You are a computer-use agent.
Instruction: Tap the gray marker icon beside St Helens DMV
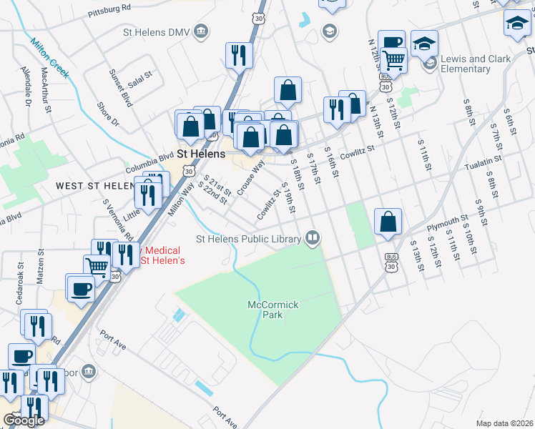pos(202,31)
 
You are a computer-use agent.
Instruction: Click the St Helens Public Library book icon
pos(312,237)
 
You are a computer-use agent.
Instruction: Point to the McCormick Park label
pos(273,310)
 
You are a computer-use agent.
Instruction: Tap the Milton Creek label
pos(48,53)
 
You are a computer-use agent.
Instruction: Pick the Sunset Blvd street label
pos(121,88)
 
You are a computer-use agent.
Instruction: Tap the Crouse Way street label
pos(251,178)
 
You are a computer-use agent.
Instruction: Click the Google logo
pos(24,420)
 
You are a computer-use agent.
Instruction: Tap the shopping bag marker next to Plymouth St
pos(387,221)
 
